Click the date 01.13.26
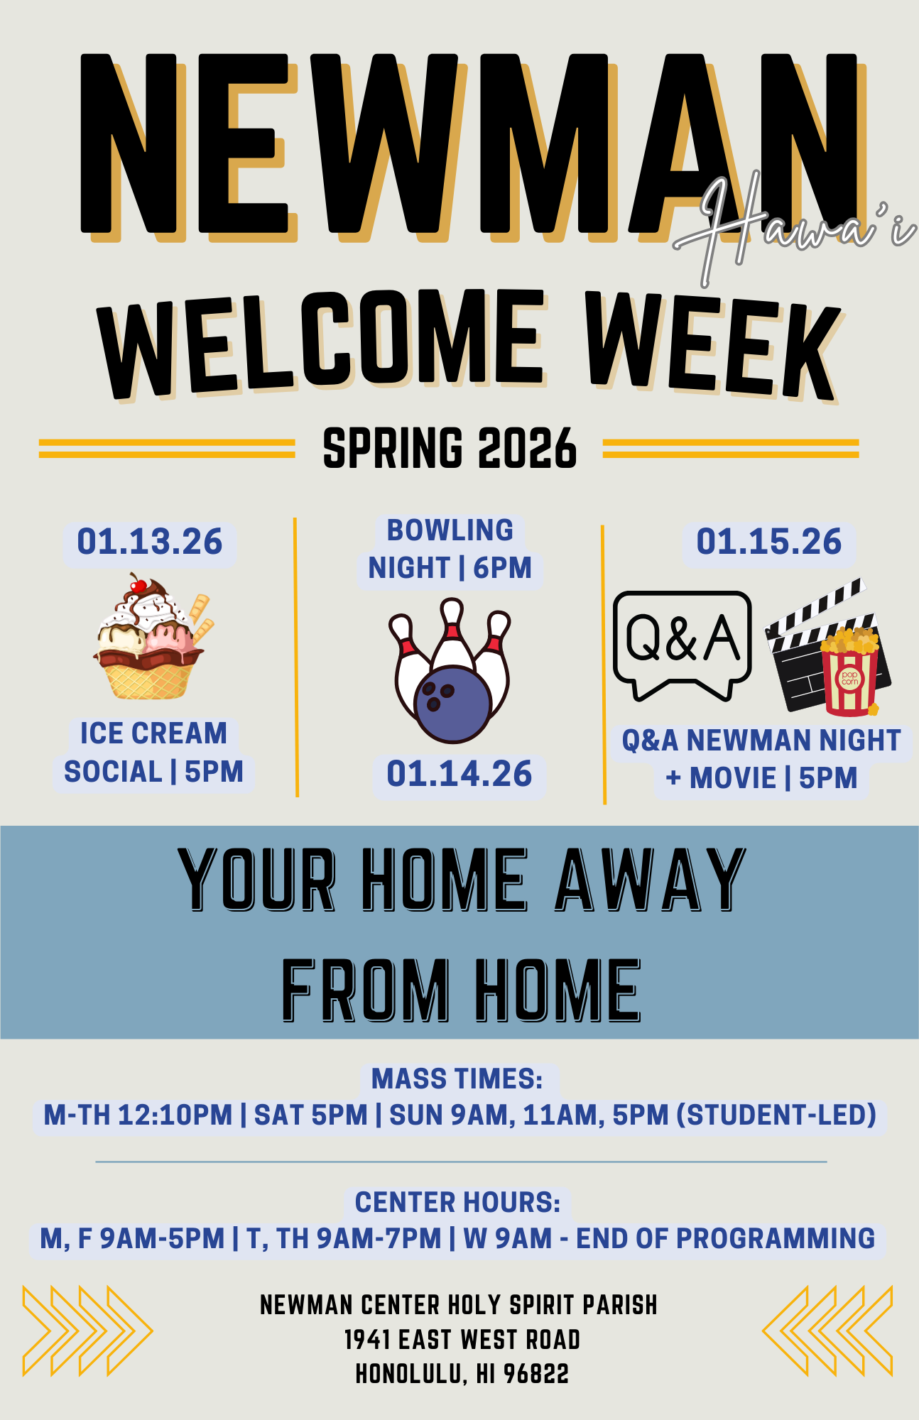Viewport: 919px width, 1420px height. (x=150, y=542)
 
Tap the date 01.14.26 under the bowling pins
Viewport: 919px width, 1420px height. (x=459, y=774)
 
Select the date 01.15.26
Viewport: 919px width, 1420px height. (x=769, y=542)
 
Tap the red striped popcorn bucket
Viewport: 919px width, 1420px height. (x=850, y=678)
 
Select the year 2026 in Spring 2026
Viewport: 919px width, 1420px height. (x=527, y=449)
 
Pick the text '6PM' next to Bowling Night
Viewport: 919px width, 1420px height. (x=503, y=568)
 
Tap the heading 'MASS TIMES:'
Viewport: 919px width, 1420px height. (x=457, y=1079)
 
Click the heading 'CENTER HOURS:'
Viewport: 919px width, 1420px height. (x=458, y=1203)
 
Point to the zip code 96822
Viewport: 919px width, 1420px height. (x=536, y=1375)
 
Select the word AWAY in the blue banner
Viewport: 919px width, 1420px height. (x=650, y=880)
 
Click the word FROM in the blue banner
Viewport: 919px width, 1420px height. (x=366, y=990)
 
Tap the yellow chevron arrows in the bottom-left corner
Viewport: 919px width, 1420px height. (x=87, y=1330)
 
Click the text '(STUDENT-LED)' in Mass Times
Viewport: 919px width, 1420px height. (x=776, y=1115)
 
